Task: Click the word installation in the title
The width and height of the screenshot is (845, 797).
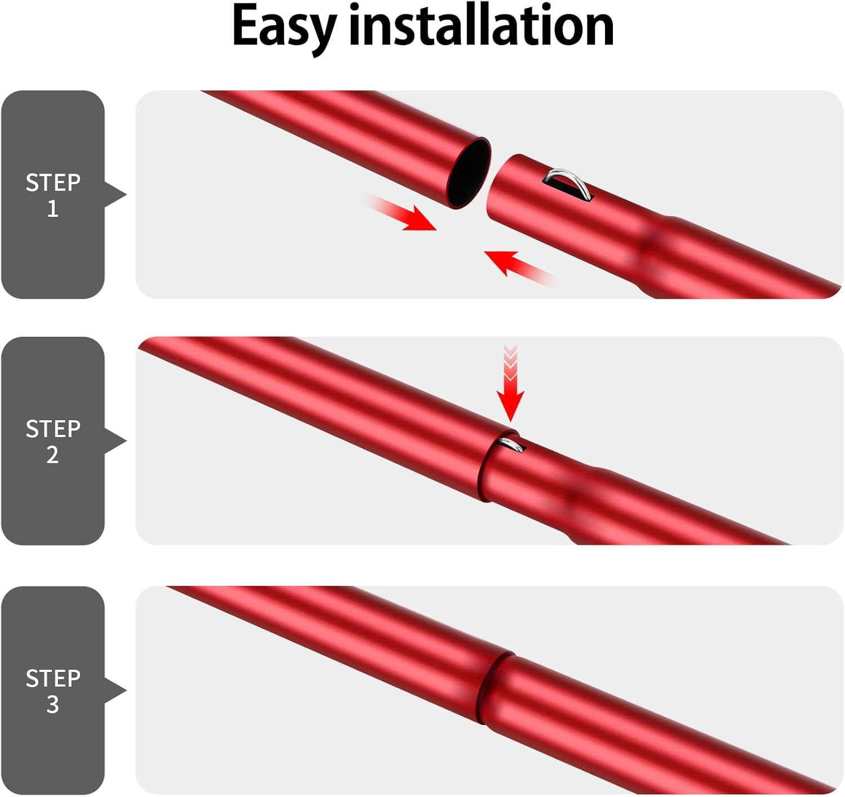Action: pyautogui.click(x=482, y=25)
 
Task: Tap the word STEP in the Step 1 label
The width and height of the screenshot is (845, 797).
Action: pyautogui.click(x=53, y=182)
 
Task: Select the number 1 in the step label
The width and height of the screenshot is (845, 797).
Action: pyautogui.click(x=53, y=208)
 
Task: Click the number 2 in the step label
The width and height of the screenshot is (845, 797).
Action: pyautogui.click(x=52, y=455)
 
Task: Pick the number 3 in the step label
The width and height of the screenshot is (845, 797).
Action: pyautogui.click(x=52, y=704)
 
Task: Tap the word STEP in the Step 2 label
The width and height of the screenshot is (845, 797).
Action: pyautogui.click(x=53, y=429)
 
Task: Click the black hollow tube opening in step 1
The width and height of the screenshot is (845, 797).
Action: pyautogui.click(x=469, y=173)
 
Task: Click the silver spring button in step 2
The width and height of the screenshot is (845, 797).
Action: pyautogui.click(x=513, y=444)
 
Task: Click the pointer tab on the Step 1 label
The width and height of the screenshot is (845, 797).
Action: pyautogui.click(x=115, y=195)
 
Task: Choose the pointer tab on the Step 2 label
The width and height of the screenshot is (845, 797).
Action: pyautogui.click(x=115, y=441)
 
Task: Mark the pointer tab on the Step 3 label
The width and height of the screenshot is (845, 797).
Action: pyautogui.click(x=115, y=690)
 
